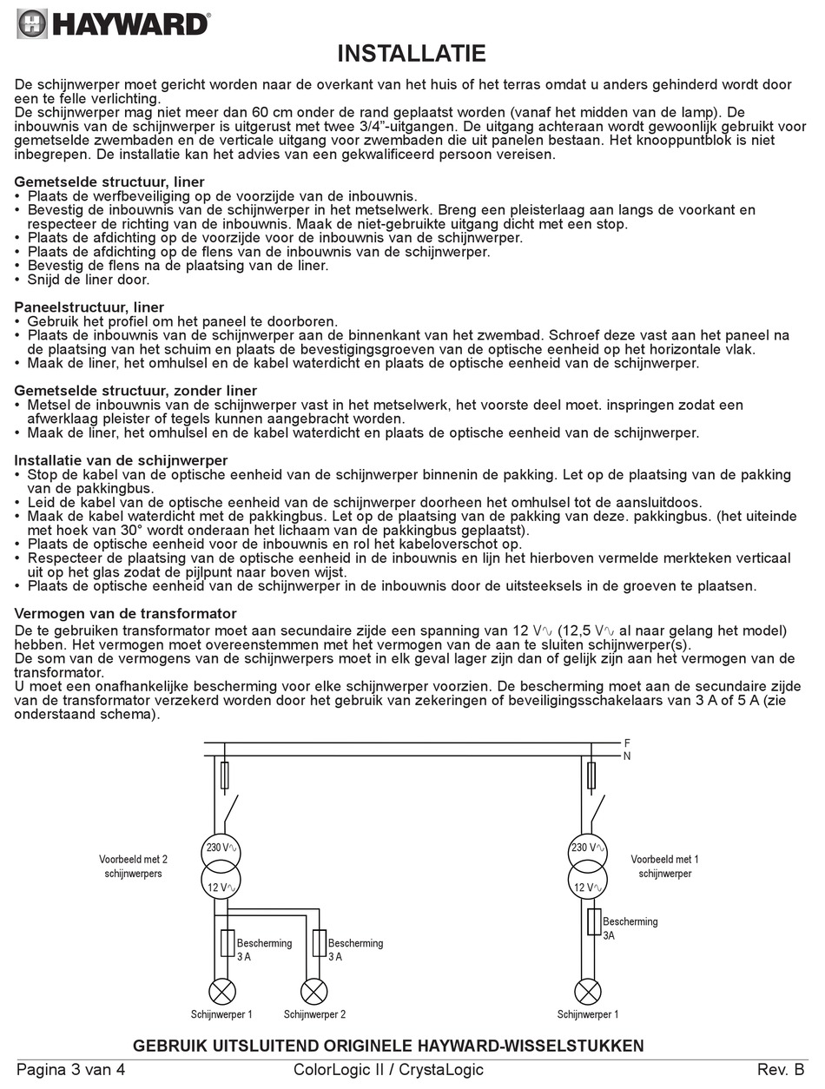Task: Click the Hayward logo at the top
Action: (113, 23)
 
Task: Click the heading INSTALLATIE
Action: (412, 55)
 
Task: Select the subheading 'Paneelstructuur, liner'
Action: (89, 307)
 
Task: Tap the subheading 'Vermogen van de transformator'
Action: (126, 614)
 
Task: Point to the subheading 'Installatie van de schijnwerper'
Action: (122, 460)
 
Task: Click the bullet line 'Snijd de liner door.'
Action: (89, 280)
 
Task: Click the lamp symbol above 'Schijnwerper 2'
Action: (313, 991)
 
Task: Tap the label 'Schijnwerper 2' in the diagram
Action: (314, 1014)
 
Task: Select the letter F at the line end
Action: (627, 743)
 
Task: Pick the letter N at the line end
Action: (627, 756)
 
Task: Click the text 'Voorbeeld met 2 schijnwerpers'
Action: (133, 866)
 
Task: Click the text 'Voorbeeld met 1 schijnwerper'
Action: (665, 866)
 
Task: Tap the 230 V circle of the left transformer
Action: (221, 848)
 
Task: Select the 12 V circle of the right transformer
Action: (588, 888)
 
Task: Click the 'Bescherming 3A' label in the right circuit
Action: (629, 928)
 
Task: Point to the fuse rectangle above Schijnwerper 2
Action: (320, 942)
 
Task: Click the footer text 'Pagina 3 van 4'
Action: (71, 1070)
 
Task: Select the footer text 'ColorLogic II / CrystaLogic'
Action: (388, 1070)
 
